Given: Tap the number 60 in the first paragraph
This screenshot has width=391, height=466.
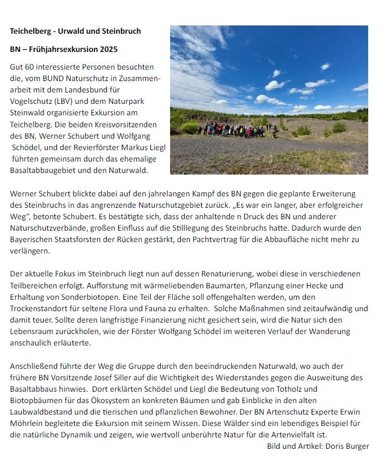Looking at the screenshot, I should pos(30,67).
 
